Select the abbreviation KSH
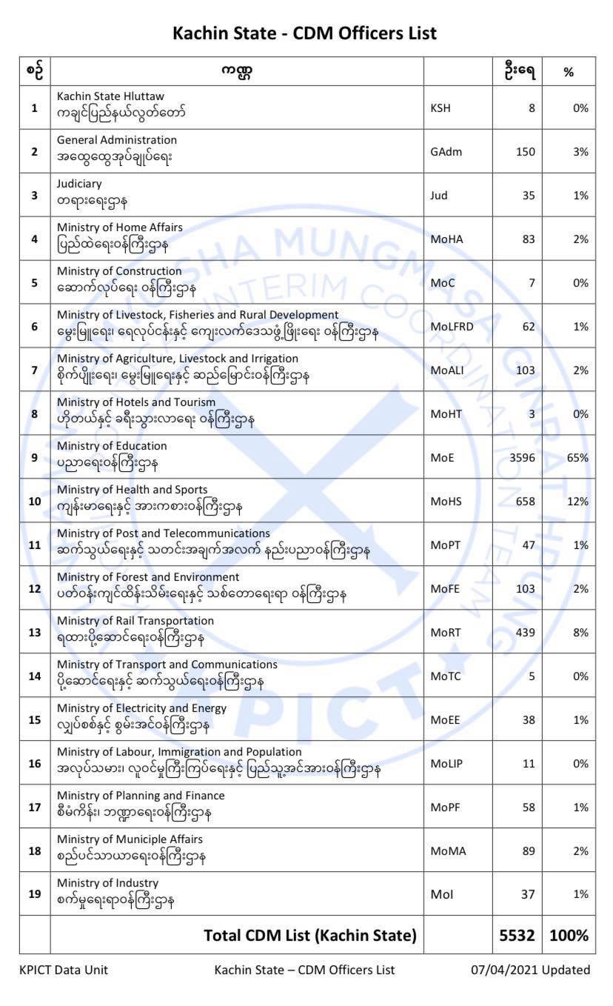pyautogui.click(x=441, y=108)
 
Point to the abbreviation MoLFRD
pyautogui.click(x=451, y=327)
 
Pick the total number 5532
pyautogui.click(x=517, y=935)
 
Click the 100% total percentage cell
pyautogui.click(x=569, y=935)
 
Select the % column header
pyautogui.click(x=569, y=72)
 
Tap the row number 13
pyautogui.click(x=34, y=633)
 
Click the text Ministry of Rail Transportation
pyautogui.click(x=135, y=621)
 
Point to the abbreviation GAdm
pyautogui.click(x=445, y=152)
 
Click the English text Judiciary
pyautogui.click(x=79, y=184)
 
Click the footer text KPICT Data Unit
pyautogui.click(x=64, y=970)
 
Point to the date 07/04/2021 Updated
pyautogui.click(x=531, y=970)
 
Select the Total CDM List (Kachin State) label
pyautogui.click(x=310, y=935)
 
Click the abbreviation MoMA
pyautogui.click(x=448, y=851)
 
